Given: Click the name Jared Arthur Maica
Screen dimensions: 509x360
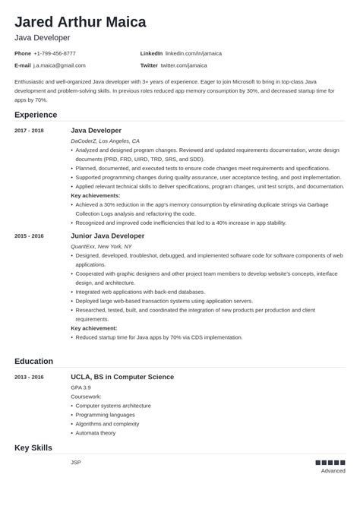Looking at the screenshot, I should pyautogui.click(x=80, y=22).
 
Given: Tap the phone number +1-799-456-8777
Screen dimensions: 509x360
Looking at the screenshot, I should pyautogui.click(x=55, y=53).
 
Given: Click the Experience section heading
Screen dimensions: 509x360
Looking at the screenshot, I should pyautogui.click(x=36, y=115).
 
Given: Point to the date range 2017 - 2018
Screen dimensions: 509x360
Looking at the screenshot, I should pyautogui.click(x=29, y=131).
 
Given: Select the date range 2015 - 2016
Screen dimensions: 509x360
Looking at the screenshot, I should pyautogui.click(x=29, y=236).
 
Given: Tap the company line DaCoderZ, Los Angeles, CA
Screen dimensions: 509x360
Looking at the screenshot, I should pyautogui.click(x=105, y=141).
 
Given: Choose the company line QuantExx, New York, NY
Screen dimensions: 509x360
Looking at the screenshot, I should pyautogui.click(x=101, y=246).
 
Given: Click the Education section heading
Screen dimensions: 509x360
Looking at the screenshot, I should pyautogui.click(x=34, y=361).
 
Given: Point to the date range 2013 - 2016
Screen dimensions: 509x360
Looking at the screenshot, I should pyautogui.click(x=29, y=377).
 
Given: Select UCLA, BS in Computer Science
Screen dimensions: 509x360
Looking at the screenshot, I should pyautogui.click(x=122, y=377).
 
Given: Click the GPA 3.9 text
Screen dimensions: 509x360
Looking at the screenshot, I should pyautogui.click(x=81, y=387).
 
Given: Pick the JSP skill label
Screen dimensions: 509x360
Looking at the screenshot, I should pyautogui.click(x=75, y=462).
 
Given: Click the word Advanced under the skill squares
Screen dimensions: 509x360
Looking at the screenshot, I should pyautogui.click(x=333, y=471).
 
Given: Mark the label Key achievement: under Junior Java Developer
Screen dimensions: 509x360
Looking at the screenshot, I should pyautogui.click(x=93, y=327).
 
